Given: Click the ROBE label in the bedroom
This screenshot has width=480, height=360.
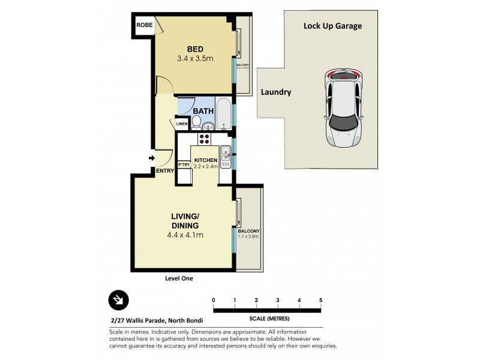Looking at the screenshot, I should pos(143,25).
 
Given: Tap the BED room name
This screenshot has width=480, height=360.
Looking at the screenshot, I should pos(195,49).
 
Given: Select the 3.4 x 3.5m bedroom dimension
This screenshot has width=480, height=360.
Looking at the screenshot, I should pos(195,59).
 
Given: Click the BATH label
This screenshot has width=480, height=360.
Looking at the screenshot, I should pos(203,110).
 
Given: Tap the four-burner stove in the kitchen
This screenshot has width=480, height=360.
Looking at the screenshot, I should pos(204,139).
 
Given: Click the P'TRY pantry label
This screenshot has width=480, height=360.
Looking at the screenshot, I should pos(183,164).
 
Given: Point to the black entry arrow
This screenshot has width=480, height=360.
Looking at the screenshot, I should pos(152,158).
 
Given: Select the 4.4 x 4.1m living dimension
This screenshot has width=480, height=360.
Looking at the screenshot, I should pos(185,235).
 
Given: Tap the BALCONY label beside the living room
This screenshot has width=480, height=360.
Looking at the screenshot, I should pos(248,230).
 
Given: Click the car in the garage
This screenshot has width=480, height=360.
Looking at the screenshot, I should pos(343,108).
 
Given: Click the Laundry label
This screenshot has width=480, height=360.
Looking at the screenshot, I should pos(276,92).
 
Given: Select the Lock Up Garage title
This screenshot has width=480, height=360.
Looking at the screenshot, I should pos(332,26).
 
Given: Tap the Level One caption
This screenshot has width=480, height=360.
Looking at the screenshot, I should pos(179,278).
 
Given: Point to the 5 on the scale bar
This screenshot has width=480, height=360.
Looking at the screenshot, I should pos(321,300).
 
